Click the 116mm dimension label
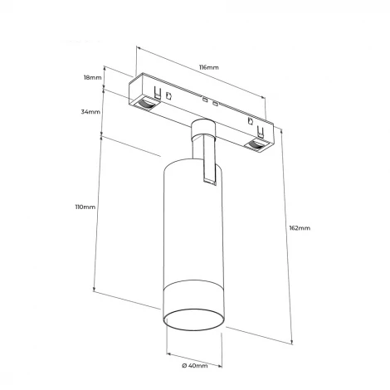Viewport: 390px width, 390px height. coord(209,67)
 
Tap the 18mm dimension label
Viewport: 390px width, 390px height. coord(93,77)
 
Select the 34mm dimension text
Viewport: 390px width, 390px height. coord(90,112)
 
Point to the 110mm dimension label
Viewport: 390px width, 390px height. coord(85,207)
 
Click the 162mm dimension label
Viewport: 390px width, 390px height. coord(300,228)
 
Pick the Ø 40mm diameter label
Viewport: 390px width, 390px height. coord(195,366)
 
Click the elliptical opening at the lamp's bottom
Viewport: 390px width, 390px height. coord(193,319)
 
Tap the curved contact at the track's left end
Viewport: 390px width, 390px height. coord(145,104)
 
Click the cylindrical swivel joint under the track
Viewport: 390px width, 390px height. coord(202,129)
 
